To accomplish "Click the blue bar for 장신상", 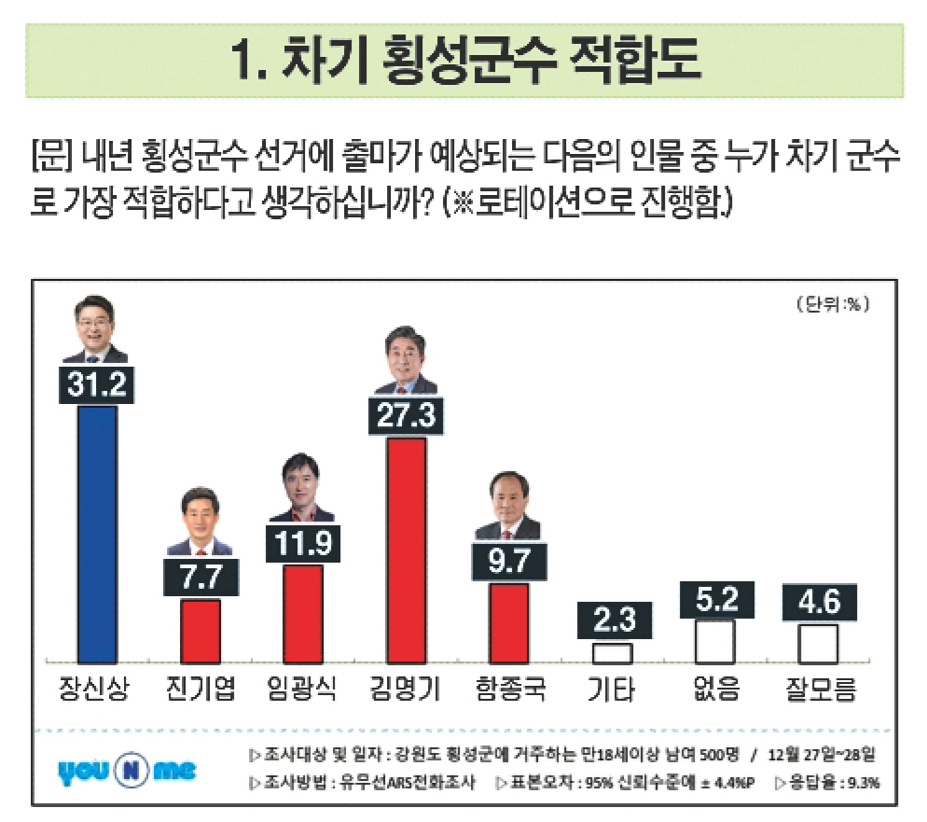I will pyautogui.click(x=97, y=532).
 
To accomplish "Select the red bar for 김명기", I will pyautogui.click(x=406, y=549).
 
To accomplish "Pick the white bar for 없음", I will pyautogui.click(x=715, y=640).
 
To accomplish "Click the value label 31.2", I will pyautogui.click(x=97, y=383).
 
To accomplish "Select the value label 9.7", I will pyautogui.click(x=508, y=561).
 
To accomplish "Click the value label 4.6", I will pyautogui.click(x=818, y=602).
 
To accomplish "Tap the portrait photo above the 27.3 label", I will pyautogui.click(x=406, y=360).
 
